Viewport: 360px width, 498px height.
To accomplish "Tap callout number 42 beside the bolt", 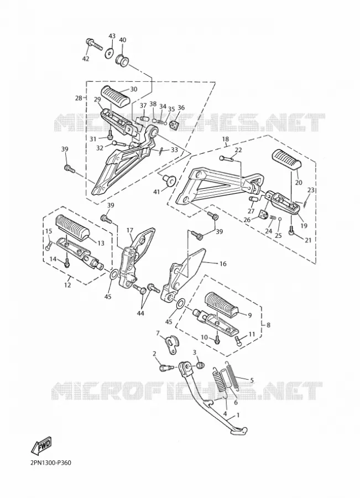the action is point(86,59).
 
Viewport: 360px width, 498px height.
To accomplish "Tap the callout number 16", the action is point(223,263).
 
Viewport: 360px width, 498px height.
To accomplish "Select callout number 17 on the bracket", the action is point(129,230).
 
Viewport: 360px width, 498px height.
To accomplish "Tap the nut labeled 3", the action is point(200,365).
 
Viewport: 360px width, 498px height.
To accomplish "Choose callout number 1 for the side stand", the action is point(238,415).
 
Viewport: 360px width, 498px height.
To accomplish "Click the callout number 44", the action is point(140,314).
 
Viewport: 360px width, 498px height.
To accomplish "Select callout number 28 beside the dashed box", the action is point(79,98).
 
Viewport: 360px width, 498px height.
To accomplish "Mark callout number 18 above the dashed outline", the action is point(226,139).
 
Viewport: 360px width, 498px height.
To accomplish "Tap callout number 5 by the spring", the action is point(252,380).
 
